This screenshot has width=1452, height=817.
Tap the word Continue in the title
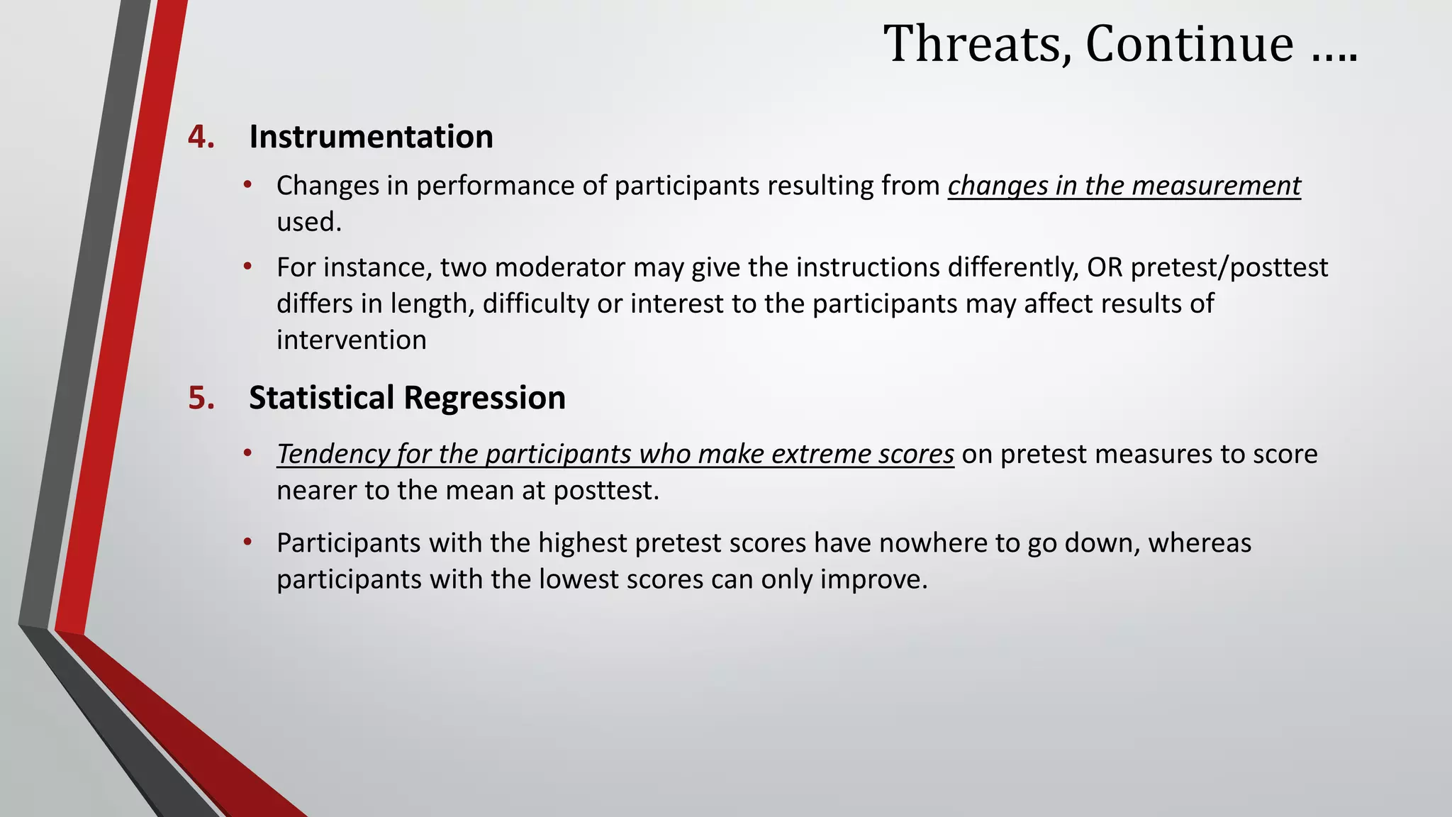coord(1189,44)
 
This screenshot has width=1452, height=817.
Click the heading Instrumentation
coord(371,137)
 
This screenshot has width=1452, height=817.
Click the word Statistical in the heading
coord(321,398)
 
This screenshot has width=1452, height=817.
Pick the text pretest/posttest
coord(1229,268)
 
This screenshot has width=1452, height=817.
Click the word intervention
coord(352,340)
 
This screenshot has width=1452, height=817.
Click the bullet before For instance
coord(247,267)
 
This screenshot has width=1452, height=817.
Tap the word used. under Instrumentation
coord(309,223)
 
